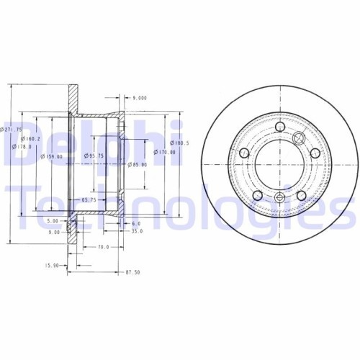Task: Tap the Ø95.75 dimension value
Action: [x=95, y=156]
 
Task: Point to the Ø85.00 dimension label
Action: [x=138, y=165]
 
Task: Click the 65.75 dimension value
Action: [x=89, y=199]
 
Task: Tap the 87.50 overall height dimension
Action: [x=132, y=272]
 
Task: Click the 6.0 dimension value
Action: [x=135, y=223]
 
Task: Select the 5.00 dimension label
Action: [x=53, y=221]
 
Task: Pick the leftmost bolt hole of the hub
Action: [x=243, y=153]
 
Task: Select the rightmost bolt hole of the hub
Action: [x=315, y=153]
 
